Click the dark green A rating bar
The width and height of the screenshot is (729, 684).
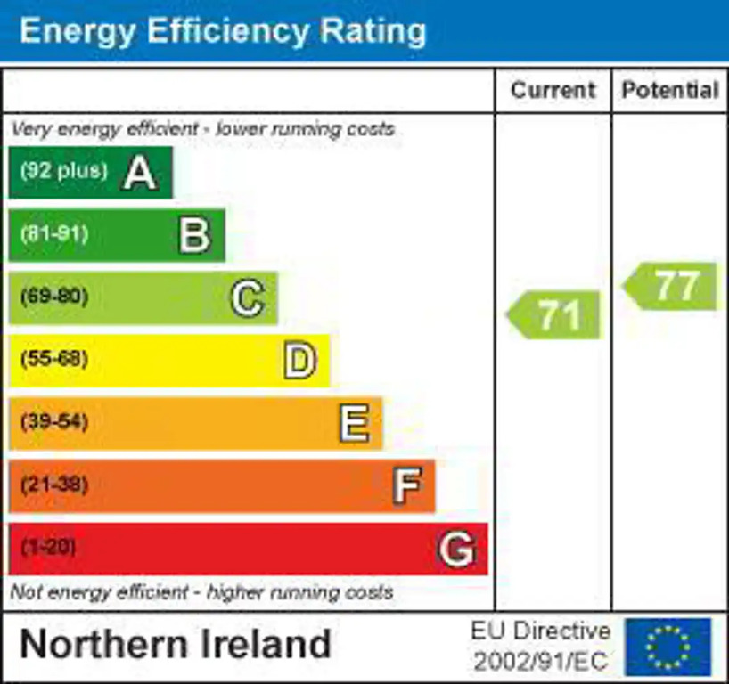pyautogui.click(x=89, y=172)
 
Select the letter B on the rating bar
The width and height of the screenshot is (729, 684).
pyautogui.click(x=194, y=235)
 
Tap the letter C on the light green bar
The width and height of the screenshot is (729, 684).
pyautogui.click(x=247, y=298)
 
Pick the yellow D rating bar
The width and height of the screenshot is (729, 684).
pyautogui.click(x=169, y=361)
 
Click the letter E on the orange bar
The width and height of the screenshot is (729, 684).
pyautogui.click(x=354, y=424)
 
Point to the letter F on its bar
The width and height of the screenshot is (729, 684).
pyautogui.click(x=406, y=486)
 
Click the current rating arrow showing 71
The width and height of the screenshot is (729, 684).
pyautogui.click(x=554, y=315)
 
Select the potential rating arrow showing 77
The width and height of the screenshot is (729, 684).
pyautogui.click(x=670, y=287)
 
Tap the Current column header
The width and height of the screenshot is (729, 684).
pyautogui.click(x=553, y=90)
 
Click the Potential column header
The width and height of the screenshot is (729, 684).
pyautogui.click(x=670, y=90)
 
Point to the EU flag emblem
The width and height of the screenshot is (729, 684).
pyautogui.click(x=668, y=647)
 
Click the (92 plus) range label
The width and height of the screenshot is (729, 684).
pyautogui.click(x=63, y=171)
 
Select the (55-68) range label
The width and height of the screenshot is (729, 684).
pyautogui.click(x=54, y=361)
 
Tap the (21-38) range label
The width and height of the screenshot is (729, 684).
pyautogui.click(x=54, y=486)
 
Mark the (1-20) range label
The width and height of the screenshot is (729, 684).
pyautogui.click(x=48, y=548)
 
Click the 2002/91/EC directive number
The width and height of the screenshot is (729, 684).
pyautogui.click(x=541, y=661)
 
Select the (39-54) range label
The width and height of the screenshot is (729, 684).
pyautogui.click(x=54, y=422)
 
